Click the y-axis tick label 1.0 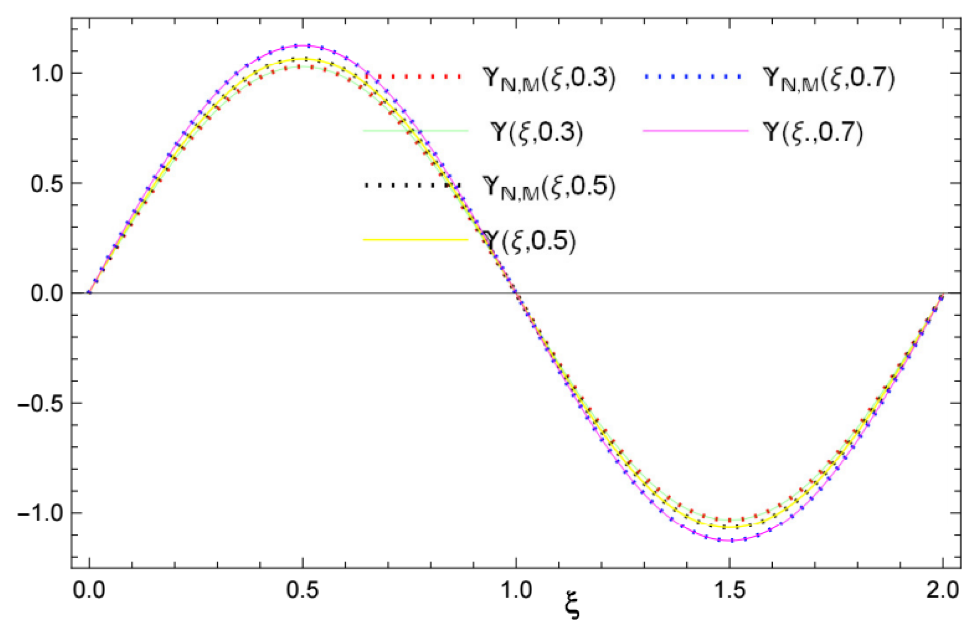47,74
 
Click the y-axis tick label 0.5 47,184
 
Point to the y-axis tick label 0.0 47,293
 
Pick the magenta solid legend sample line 695,131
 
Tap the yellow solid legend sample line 416,240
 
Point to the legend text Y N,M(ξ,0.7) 829,78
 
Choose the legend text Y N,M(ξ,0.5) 549,187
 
